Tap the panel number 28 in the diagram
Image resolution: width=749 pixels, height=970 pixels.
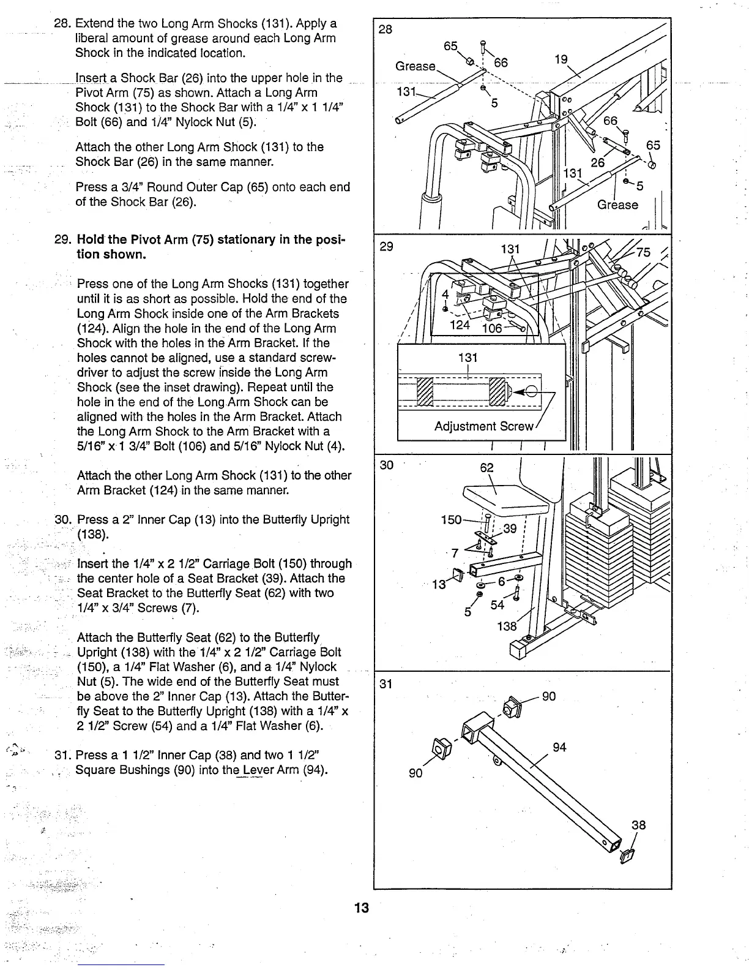point(386,29)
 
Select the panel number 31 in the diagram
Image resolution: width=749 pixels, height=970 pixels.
point(386,684)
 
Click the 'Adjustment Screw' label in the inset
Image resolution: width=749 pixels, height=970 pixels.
point(484,426)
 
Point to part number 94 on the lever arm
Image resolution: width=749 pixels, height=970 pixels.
point(559,747)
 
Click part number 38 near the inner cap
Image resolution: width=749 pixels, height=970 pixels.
point(638,825)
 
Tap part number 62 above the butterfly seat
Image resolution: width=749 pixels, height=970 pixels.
point(486,468)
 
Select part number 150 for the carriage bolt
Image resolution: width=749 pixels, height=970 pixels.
point(451,520)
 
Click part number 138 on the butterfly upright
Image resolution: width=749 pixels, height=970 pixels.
point(507,626)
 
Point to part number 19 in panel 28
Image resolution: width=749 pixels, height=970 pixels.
point(561,59)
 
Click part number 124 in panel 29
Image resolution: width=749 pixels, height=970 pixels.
point(460,324)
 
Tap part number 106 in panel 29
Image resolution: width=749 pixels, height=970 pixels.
point(492,328)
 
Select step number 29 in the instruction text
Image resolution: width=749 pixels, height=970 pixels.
point(61,239)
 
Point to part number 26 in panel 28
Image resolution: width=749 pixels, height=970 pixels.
point(597,162)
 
